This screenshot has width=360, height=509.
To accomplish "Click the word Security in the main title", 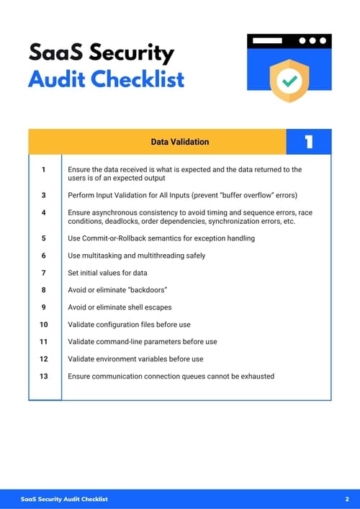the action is (132, 53).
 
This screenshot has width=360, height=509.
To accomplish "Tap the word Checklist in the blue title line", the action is (140, 78).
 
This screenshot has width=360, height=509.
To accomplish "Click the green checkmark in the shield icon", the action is (289, 81).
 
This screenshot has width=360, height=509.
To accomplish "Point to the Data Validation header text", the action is (179, 142).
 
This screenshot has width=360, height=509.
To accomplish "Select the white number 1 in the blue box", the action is (308, 142).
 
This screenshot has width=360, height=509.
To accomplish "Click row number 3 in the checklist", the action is (43, 195).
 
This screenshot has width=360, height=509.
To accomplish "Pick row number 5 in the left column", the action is (43, 238).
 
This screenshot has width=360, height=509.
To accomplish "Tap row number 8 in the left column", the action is (43, 289).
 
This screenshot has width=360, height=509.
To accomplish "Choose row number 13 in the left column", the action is (43, 376).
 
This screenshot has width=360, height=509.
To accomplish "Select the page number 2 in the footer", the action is (347, 499).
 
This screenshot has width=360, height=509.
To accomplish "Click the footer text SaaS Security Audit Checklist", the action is (64, 499).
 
